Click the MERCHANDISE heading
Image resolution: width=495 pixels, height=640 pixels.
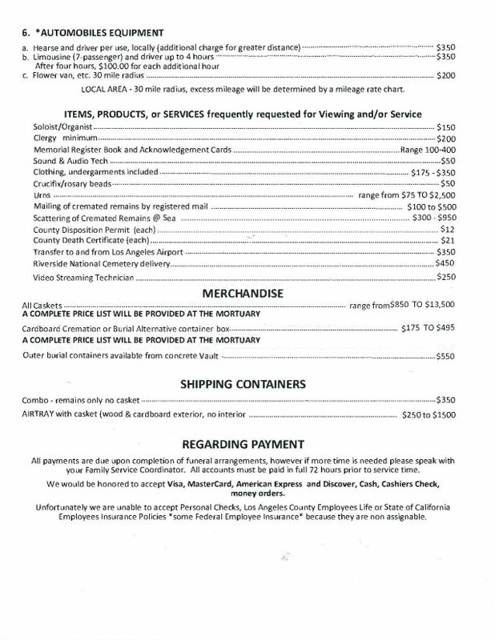pyautogui.click(x=247, y=294)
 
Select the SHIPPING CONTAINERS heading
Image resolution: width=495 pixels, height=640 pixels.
pyautogui.click(x=247, y=384)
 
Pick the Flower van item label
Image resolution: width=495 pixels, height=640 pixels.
pyautogui.click(x=61, y=76)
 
